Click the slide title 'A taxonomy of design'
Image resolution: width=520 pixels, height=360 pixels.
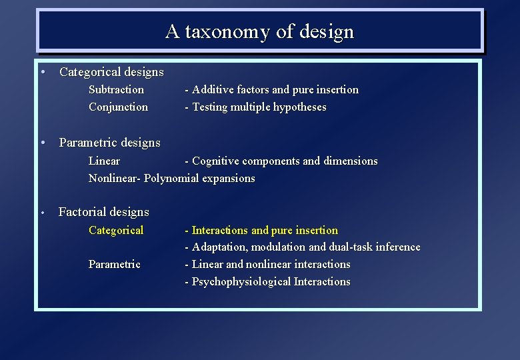(x=259, y=31)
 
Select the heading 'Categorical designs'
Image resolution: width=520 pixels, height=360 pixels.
(x=111, y=71)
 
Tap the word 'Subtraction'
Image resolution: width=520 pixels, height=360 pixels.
(x=116, y=89)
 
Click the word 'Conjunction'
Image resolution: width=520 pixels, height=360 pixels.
(x=118, y=107)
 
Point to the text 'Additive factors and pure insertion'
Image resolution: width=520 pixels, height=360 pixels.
(x=275, y=89)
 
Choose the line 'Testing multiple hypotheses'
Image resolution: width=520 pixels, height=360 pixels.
(x=259, y=107)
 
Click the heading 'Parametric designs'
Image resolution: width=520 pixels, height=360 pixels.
(x=109, y=143)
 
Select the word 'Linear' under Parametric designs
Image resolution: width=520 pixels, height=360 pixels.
(x=104, y=161)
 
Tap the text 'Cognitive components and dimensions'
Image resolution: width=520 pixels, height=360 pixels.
(x=284, y=161)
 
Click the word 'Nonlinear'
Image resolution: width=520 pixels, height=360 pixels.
(x=113, y=178)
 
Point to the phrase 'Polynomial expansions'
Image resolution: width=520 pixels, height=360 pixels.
(x=199, y=178)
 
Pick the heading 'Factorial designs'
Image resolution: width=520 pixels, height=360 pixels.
(x=104, y=212)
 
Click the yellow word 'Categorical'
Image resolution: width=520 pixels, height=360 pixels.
(x=116, y=230)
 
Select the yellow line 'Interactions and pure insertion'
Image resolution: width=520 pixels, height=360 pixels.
(x=265, y=230)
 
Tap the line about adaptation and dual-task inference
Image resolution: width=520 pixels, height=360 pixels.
(x=306, y=247)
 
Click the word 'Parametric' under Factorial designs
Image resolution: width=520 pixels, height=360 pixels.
(x=114, y=264)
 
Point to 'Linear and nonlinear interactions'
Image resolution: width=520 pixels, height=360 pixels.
(x=271, y=264)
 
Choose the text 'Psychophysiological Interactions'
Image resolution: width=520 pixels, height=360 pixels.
(x=271, y=281)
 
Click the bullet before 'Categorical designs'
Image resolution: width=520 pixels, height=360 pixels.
(x=42, y=71)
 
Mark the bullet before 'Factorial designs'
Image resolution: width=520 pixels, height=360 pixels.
(x=41, y=213)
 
